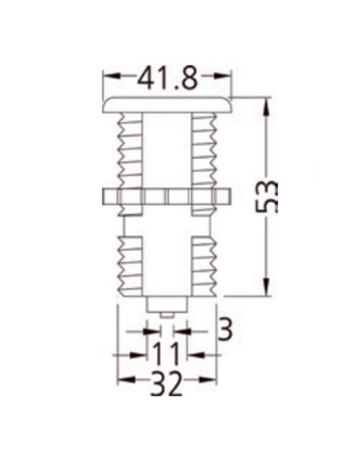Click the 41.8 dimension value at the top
pyautogui.click(x=168, y=78)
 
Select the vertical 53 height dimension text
pyautogui.click(x=270, y=195)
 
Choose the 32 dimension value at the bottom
pyautogui.click(x=166, y=385)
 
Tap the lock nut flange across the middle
pyautogui.click(x=166, y=196)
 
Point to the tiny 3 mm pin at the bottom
pyautogui.click(x=167, y=314)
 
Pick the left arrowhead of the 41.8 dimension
pyautogui.click(x=108, y=77)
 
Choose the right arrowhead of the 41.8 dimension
pyautogui.click(x=228, y=77)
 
